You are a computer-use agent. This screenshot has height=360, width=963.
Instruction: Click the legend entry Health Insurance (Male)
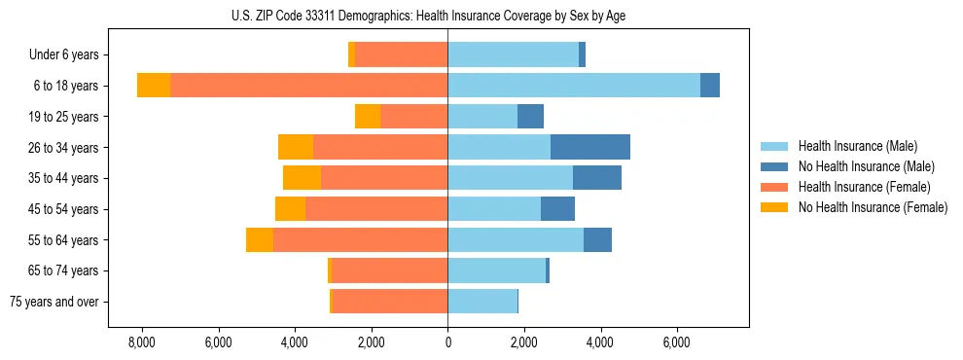[857, 146]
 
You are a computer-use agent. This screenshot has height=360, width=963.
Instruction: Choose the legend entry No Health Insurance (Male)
[865, 166]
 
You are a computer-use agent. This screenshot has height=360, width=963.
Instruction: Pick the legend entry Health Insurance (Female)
[862, 187]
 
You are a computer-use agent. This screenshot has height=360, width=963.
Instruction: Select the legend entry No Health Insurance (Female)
[871, 207]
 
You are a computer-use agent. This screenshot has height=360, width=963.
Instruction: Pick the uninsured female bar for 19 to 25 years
[368, 117]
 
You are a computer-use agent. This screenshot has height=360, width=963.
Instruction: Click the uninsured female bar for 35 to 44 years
[302, 178]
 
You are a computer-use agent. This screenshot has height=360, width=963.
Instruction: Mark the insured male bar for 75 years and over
[482, 302]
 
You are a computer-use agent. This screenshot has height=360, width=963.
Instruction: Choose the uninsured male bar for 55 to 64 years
[597, 239]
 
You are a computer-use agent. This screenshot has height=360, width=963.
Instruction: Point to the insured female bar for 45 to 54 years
[376, 209]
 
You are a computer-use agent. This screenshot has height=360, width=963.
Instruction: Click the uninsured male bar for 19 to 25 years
[530, 117]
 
